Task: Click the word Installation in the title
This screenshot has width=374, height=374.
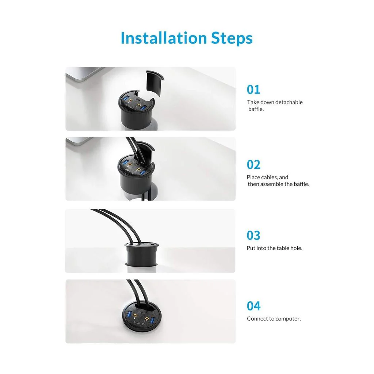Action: (x=164, y=38)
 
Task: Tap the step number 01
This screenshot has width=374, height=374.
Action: (x=253, y=90)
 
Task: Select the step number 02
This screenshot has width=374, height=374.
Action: (x=253, y=165)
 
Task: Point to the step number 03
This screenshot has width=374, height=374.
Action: (x=253, y=235)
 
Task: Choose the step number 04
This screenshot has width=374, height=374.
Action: (x=253, y=306)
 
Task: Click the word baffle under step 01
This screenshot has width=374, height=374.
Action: (x=256, y=109)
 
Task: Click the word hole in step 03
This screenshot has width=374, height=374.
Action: (x=296, y=248)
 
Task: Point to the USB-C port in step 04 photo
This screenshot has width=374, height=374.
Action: (x=143, y=313)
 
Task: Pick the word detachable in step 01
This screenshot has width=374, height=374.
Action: (x=289, y=102)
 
